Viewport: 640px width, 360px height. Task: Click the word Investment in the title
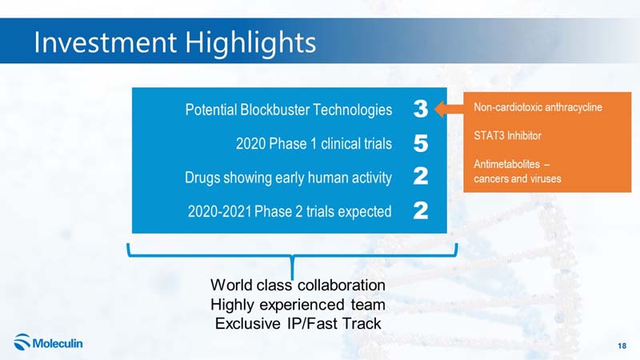click(106, 42)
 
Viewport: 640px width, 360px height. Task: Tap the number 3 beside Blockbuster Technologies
click(421, 109)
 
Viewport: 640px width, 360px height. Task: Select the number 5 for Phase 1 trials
click(421, 143)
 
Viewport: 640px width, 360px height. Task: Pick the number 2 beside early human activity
click(421, 176)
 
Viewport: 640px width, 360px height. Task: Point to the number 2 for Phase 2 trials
click(421, 210)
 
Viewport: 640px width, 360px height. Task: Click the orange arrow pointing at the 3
click(449, 109)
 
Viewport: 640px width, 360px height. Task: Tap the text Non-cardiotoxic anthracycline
click(538, 107)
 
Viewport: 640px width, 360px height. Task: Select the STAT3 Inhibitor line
click(507, 135)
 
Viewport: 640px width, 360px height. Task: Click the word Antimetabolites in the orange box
click(506, 164)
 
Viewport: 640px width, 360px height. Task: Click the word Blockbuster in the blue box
click(275, 110)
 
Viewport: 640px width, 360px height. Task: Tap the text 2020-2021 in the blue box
click(219, 211)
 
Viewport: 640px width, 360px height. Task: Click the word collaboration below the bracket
click(342, 285)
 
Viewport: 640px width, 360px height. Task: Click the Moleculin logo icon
click(22, 342)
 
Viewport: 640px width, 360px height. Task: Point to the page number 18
click(622, 346)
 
